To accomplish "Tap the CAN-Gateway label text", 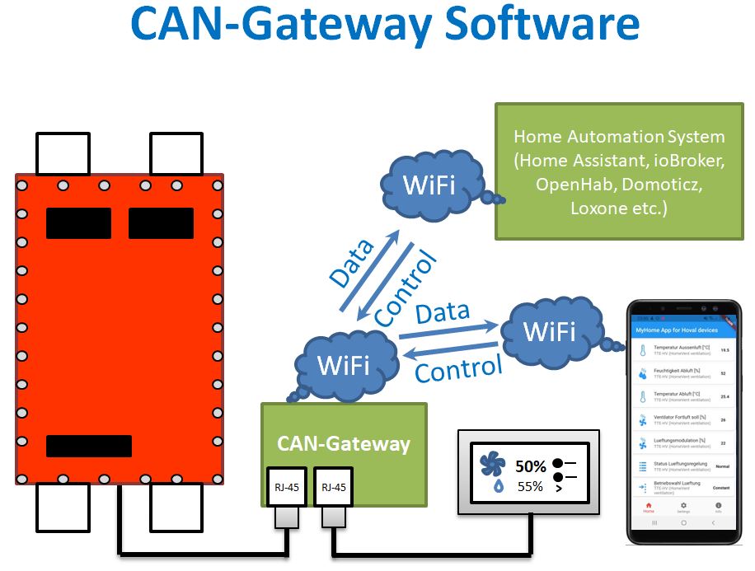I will (x=343, y=444).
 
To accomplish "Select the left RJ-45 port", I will (x=288, y=488).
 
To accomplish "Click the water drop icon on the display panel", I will (x=498, y=487).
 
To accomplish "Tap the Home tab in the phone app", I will (x=649, y=507).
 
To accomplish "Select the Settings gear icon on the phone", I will (x=683, y=507).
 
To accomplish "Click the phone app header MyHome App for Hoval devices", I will (x=675, y=330).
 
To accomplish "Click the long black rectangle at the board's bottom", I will (x=89, y=446).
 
